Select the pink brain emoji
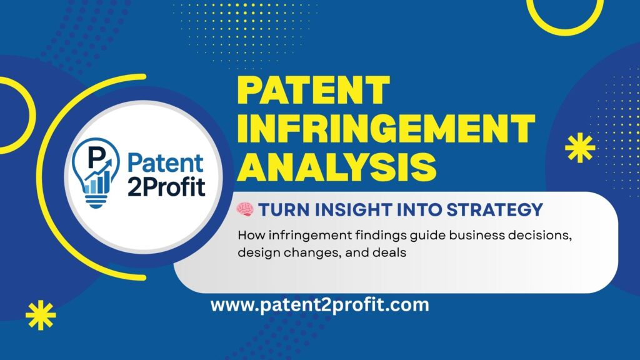[x=245, y=211]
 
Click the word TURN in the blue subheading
[x=279, y=211]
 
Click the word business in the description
[x=456, y=237]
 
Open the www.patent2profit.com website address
[x=319, y=306]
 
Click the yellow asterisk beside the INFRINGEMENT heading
[x=579, y=149]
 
